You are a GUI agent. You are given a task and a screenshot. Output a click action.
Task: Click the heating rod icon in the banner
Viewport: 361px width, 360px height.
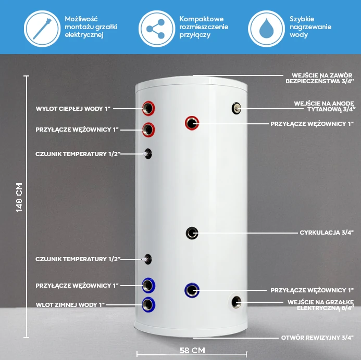click(42, 29)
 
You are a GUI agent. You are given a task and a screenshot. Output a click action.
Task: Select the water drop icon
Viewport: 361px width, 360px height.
click(266, 29)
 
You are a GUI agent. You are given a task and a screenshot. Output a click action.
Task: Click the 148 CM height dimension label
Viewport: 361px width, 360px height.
click(19, 198)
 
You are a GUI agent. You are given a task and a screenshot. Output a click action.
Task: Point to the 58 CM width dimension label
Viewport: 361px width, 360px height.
click(192, 350)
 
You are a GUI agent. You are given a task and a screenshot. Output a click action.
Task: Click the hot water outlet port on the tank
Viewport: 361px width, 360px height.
click(148, 108)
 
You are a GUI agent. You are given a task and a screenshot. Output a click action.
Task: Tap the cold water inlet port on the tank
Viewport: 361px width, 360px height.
click(148, 305)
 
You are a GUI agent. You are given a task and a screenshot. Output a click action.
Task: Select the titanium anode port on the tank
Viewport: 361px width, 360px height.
click(236, 108)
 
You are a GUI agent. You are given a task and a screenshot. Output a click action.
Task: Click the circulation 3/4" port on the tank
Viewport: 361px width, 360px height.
click(192, 233)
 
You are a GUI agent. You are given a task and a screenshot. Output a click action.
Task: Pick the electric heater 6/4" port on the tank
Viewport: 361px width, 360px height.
click(236, 302)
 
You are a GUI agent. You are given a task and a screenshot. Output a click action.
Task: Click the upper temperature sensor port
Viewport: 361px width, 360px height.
click(148, 154)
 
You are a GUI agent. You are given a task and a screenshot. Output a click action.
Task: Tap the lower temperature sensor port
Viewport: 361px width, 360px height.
click(147, 259)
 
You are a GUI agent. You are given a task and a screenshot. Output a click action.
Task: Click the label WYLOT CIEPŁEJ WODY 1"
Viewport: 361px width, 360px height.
click(73, 109)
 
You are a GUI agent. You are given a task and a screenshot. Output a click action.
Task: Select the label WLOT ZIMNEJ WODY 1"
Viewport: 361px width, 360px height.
click(70, 305)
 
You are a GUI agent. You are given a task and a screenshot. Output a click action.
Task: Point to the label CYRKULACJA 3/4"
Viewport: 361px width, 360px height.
click(327, 233)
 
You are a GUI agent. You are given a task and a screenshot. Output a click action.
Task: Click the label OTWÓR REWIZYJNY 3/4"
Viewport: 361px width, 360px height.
click(317, 338)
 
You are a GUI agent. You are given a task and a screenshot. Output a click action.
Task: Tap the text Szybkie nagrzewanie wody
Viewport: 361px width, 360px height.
click(310, 27)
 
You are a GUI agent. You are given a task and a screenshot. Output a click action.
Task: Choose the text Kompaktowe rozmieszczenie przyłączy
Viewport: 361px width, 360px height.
click(204, 27)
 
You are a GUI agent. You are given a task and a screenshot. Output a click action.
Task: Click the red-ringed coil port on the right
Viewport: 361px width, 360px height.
click(192, 123)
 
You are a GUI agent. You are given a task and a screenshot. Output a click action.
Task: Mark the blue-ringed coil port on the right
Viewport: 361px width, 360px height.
click(192, 290)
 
